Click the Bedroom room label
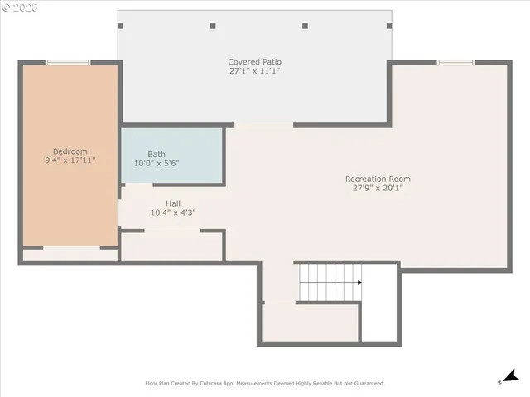pyautogui.click(x=70, y=151)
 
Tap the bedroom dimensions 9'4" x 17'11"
pyautogui.click(x=70, y=160)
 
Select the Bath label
pyautogui.click(x=157, y=155)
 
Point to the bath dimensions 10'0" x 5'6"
pyautogui.click(x=157, y=164)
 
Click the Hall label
pyautogui.click(x=173, y=203)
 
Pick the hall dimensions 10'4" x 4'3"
pyautogui.click(x=173, y=213)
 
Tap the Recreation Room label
pyautogui.click(x=378, y=179)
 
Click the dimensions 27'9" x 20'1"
pyautogui.click(x=378, y=188)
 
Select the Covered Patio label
pyautogui.click(x=255, y=62)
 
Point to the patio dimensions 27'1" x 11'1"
pyautogui.click(x=255, y=71)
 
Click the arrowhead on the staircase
pyautogui.click(x=359, y=282)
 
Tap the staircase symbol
pyautogui.click(x=329, y=282)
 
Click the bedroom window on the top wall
pyautogui.click(x=68, y=62)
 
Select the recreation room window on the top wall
pyautogui.click(x=455, y=62)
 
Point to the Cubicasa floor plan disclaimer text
pyautogui.click(x=265, y=384)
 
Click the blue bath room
pyautogui.click(x=172, y=155)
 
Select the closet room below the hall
pyautogui.click(x=171, y=246)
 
